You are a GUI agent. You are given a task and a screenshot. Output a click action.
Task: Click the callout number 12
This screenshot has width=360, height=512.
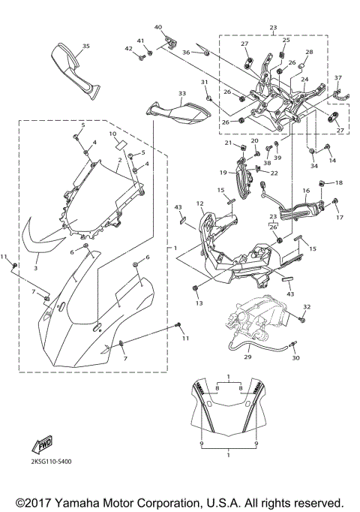200,203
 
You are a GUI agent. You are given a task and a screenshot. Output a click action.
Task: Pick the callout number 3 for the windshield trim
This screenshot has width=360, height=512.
37,265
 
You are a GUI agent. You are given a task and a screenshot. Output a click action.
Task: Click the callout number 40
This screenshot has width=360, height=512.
158,27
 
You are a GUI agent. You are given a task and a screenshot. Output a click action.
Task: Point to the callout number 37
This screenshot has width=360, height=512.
337,77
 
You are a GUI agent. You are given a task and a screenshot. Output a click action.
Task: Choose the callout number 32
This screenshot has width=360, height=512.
306,307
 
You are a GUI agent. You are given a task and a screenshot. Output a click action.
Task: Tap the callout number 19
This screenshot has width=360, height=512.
223,172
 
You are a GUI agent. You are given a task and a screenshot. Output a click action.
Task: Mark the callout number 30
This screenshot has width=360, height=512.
295,358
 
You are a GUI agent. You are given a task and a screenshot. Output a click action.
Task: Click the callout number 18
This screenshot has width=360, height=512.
338,182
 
